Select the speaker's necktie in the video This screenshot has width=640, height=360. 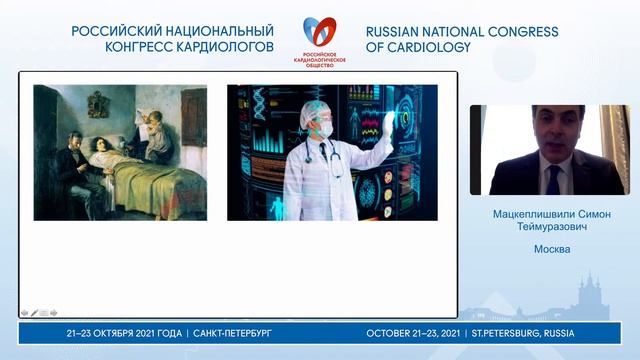553,178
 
